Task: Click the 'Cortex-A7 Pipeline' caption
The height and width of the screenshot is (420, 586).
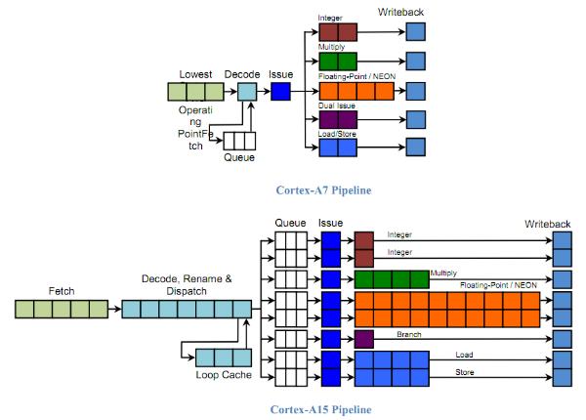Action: [x=323, y=190]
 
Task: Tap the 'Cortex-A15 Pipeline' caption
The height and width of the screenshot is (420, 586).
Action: [x=320, y=409]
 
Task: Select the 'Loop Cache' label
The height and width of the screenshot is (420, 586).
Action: [x=224, y=375]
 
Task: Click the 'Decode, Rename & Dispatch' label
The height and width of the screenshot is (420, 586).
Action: [x=187, y=285]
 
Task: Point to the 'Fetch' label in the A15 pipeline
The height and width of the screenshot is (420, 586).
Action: [x=62, y=291]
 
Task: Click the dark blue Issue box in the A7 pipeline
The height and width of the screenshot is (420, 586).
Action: [x=280, y=92]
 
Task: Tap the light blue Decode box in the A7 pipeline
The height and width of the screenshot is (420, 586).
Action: [x=247, y=92]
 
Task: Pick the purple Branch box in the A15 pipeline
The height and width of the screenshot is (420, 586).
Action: [x=364, y=339]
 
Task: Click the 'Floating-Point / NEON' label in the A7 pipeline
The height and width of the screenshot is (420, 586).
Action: [x=356, y=76]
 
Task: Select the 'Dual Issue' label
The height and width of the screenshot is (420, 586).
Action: [x=336, y=105]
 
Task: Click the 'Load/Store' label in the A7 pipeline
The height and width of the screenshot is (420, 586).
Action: [x=337, y=134]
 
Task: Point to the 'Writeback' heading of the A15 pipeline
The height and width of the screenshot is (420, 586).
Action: [x=548, y=225]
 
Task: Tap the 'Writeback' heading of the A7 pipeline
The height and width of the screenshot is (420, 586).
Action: [x=400, y=13]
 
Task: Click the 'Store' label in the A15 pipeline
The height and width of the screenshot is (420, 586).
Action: [x=465, y=372]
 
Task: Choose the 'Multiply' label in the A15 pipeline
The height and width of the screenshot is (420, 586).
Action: [x=443, y=273]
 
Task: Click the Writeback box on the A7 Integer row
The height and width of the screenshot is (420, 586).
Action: [x=416, y=32]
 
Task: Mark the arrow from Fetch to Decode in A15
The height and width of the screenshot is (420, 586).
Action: [x=115, y=309]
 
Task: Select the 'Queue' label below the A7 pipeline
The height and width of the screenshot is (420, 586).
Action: [x=239, y=157]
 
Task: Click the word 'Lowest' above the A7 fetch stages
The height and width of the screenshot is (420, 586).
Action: [x=195, y=74]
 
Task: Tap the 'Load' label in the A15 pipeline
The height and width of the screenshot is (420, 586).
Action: [x=464, y=355]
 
